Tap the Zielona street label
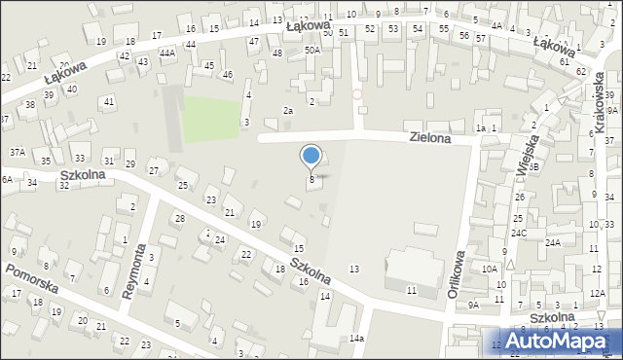pos(430,139)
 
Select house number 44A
pos(167,53)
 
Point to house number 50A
pos(311,49)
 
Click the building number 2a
pos(288,111)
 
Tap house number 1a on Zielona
pos(480,128)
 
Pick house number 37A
pos(18,152)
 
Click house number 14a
pos(357,338)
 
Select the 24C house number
pos(519,234)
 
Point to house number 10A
pos(490,268)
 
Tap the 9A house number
pos(473,305)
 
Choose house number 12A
pos(597,294)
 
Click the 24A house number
pos(553,242)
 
